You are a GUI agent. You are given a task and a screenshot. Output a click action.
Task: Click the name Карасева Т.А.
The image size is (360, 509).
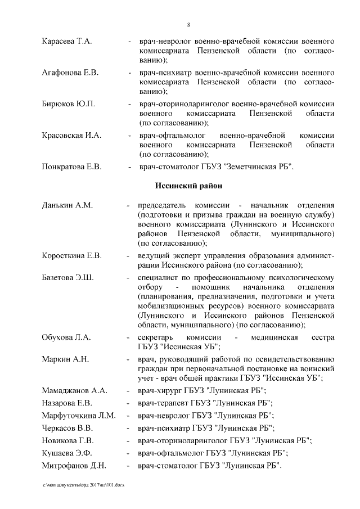(66, 42)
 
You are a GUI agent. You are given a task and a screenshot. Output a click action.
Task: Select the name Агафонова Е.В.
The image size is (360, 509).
(70, 73)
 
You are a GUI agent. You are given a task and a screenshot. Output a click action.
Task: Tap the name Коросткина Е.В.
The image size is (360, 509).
(71, 256)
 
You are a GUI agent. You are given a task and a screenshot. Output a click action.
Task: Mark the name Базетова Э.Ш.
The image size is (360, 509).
(67, 278)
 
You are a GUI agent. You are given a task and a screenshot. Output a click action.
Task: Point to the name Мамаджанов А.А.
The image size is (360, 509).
(74, 391)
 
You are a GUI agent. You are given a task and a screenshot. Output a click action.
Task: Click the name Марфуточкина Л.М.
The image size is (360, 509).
(79, 416)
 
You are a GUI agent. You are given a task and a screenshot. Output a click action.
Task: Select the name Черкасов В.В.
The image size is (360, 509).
(67, 428)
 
